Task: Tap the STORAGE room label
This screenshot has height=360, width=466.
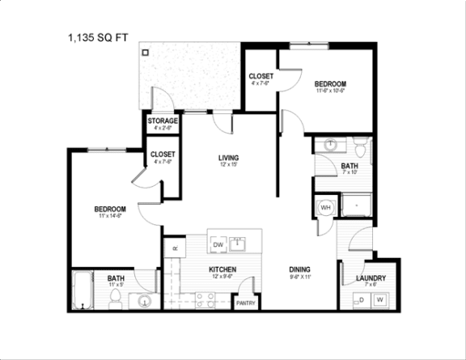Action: (163, 121)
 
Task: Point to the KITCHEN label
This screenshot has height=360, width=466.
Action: (222, 269)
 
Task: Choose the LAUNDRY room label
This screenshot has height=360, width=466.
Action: (371, 278)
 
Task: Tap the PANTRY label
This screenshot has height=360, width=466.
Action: (246, 303)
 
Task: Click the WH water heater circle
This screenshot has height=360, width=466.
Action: (327, 207)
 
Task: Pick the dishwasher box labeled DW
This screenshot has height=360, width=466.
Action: (218, 244)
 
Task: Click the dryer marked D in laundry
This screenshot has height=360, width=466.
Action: (361, 300)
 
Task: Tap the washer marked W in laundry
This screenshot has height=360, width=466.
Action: (379, 300)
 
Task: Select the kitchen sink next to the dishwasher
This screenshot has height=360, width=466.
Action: (239, 243)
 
